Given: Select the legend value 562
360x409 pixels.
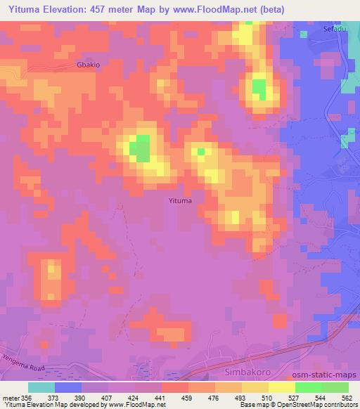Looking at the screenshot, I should tap(346, 397).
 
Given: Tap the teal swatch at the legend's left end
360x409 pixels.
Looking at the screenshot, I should tap(41, 387).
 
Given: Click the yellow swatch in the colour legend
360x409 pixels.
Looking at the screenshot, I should tap(281, 387).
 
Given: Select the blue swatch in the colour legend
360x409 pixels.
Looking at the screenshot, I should tap(68, 387).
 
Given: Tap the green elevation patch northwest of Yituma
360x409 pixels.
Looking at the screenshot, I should tap(142, 148).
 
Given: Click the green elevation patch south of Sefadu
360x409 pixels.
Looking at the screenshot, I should tap(259, 89).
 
